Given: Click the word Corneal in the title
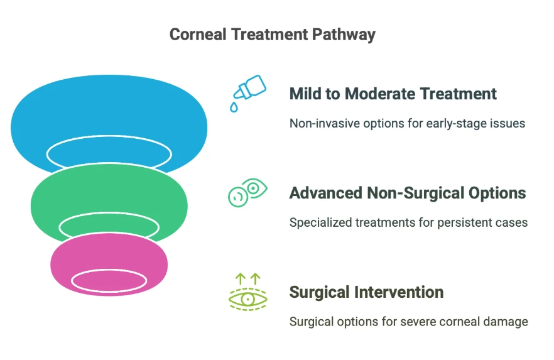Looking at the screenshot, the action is [x=198, y=35].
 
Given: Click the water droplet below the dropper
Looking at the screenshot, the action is [x=234, y=107].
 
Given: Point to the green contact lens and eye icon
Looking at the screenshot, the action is [x=247, y=192].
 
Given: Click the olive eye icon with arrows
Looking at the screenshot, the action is [x=247, y=292].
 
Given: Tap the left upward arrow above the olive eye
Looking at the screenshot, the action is [x=240, y=279].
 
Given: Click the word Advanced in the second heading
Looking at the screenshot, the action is [x=326, y=194].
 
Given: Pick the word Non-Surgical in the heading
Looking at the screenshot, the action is [x=416, y=194].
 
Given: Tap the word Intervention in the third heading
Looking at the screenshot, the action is [x=399, y=293].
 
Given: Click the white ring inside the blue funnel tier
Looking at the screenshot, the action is [x=109, y=136].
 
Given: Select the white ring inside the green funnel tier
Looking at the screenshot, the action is [x=109, y=213].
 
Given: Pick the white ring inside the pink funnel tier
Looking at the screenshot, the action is [x=109, y=270].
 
